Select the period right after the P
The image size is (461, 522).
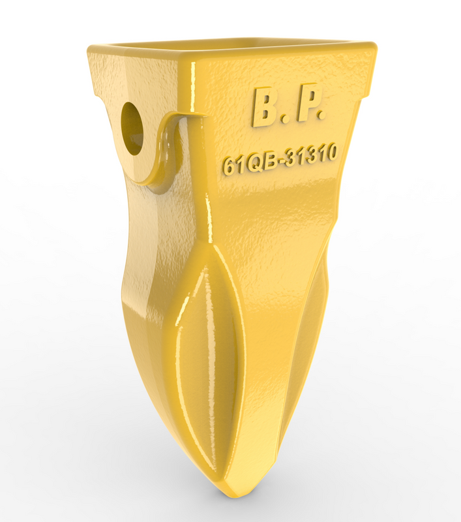coord(320,115)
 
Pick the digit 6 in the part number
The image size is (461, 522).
coord(229,166)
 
